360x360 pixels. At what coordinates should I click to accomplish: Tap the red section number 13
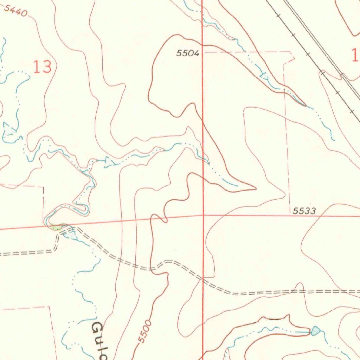pyautogui.click(x=43, y=67)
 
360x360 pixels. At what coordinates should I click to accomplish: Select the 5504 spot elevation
pyautogui.click(x=188, y=53)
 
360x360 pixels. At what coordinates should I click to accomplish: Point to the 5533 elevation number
pyautogui.click(x=304, y=211)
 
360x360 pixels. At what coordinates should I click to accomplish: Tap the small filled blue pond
pyautogui.click(x=315, y=330)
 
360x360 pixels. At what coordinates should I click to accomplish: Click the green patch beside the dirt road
pyautogui.click(x=56, y=227)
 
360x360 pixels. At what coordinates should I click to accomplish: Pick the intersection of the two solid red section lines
pyautogui.click(x=203, y=215)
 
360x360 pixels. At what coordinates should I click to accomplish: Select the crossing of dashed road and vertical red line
pyautogui.click(x=203, y=279)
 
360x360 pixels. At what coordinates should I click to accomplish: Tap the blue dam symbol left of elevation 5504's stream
pyautogui.click(x=110, y=162)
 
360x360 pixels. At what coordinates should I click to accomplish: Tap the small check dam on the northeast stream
pyautogui.click(x=264, y=75)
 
